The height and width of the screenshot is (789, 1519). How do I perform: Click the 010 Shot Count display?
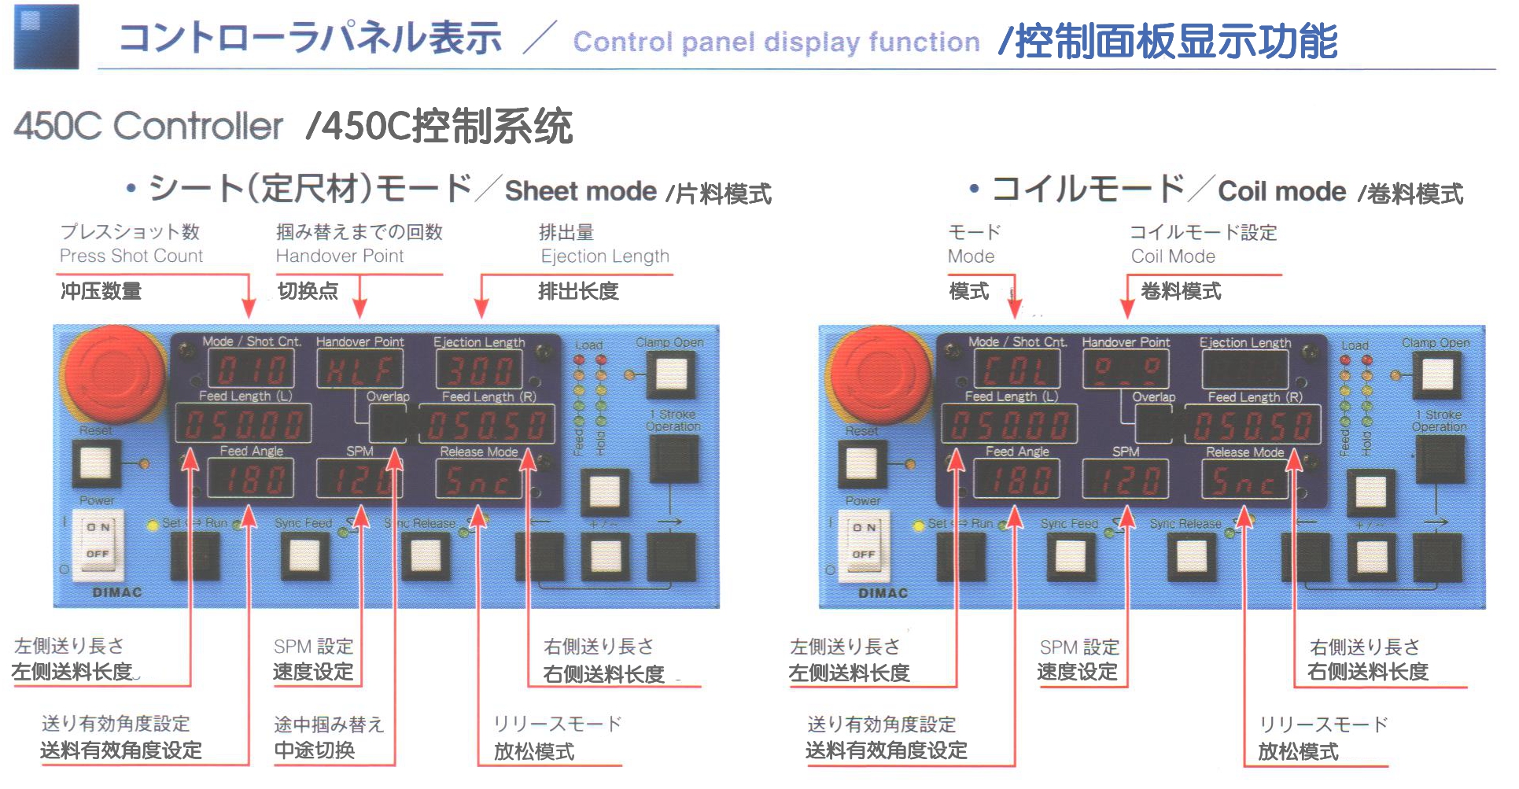[x=251, y=369]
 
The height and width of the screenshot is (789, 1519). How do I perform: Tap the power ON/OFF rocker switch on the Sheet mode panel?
[x=98, y=540]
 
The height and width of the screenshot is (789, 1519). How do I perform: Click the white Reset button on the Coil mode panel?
[x=861, y=463]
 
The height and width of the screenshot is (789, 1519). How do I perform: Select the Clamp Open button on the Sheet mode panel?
[x=670, y=374]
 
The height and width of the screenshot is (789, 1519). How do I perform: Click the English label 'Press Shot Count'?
[x=131, y=256]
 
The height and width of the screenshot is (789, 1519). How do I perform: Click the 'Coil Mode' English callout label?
[x=1173, y=256]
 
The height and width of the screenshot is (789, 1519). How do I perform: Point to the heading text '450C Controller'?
[x=148, y=126]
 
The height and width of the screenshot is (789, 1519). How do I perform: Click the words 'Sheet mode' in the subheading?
[x=581, y=191]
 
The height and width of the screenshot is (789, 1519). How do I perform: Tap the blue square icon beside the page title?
[x=46, y=37]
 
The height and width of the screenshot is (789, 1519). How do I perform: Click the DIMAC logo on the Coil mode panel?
[x=883, y=593]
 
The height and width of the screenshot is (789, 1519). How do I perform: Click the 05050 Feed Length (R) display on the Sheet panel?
[x=486, y=426]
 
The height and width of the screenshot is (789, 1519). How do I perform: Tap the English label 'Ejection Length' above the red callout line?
[x=605, y=256]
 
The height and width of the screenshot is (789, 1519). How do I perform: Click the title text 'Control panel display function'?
[x=776, y=42]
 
